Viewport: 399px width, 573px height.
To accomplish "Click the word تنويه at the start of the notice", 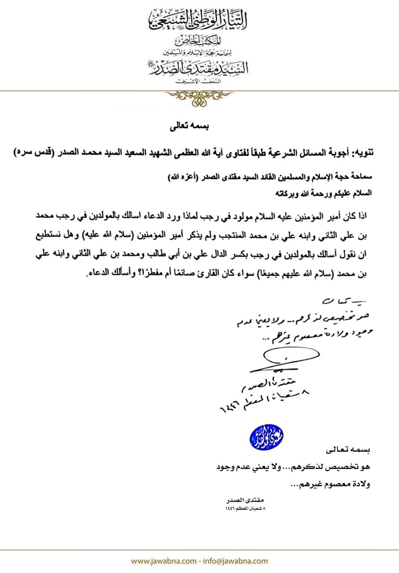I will point(361,153).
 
